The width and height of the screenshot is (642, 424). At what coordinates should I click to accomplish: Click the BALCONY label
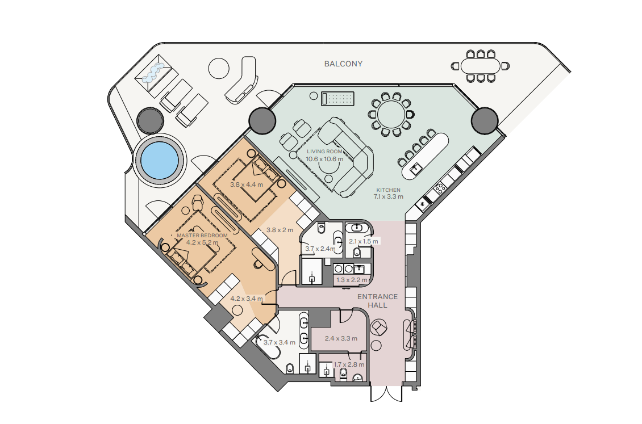coord(343,64)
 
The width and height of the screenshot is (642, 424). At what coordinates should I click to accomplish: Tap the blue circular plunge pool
coord(160,160)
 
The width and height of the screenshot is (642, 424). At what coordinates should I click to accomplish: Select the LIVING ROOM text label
coord(324,152)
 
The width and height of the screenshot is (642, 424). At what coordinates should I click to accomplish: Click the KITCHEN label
coord(388,190)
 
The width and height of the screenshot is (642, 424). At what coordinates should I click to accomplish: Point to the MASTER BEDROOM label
coord(202,236)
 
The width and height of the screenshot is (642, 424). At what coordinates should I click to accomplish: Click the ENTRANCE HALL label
coord(377,301)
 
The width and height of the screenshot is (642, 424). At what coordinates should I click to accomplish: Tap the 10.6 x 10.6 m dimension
coord(324,159)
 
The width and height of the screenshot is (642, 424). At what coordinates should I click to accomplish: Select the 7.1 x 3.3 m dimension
coord(388,196)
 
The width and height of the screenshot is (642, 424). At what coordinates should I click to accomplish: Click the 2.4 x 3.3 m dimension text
coord(341,338)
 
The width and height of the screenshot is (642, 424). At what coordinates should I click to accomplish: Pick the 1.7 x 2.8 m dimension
coord(349,364)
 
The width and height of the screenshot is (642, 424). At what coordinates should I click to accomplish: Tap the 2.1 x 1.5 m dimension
coord(364,241)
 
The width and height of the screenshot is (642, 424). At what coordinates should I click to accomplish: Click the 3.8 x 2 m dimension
coord(280,230)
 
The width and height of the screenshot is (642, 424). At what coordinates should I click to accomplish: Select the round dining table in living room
coord(391,115)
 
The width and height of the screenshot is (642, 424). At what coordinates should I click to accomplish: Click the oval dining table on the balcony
coord(480,66)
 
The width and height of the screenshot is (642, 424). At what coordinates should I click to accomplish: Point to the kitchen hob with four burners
coord(440,188)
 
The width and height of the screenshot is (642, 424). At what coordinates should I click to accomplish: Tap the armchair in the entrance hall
coord(379,328)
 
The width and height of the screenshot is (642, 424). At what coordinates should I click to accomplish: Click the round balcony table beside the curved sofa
coord(219,68)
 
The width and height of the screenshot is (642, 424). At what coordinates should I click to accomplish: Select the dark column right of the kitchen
coord(485,121)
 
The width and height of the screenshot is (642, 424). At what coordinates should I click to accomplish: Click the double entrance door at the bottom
coord(386,393)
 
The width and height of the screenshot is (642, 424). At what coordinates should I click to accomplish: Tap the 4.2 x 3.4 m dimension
coord(247,299)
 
